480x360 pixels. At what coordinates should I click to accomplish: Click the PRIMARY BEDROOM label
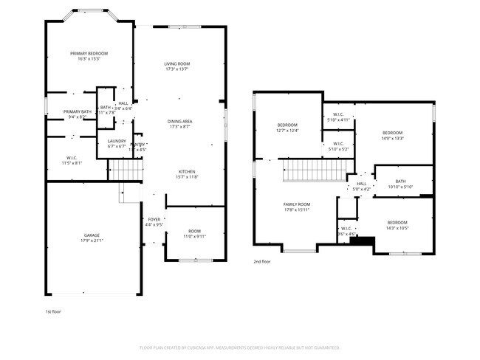pyautogui.click(x=89, y=53)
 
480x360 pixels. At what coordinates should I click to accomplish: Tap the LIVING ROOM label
pyautogui.click(x=177, y=64)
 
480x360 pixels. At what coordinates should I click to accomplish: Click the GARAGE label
pyautogui.click(x=92, y=235)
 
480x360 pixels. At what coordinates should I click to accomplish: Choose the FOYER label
pyautogui.click(x=154, y=219)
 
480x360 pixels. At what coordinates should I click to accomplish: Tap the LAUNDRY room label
pyautogui.click(x=117, y=141)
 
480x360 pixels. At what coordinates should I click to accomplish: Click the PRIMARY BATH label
pyautogui.click(x=78, y=111)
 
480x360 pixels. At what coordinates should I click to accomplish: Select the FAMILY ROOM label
pyautogui.click(x=297, y=204)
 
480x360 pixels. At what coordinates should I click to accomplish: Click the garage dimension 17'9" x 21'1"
pyautogui.click(x=92, y=240)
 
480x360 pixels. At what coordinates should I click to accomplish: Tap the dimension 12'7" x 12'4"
pyautogui.click(x=287, y=131)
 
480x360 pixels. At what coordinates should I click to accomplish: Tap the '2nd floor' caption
pyautogui.click(x=262, y=261)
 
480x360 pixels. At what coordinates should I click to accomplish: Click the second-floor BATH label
pyautogui.click(x=400, y=181)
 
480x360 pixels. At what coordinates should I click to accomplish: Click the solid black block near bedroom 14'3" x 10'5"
pyautogui.click(x=361, y=240)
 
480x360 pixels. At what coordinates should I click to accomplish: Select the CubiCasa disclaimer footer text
pyautogui.click(x=239, y=347)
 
